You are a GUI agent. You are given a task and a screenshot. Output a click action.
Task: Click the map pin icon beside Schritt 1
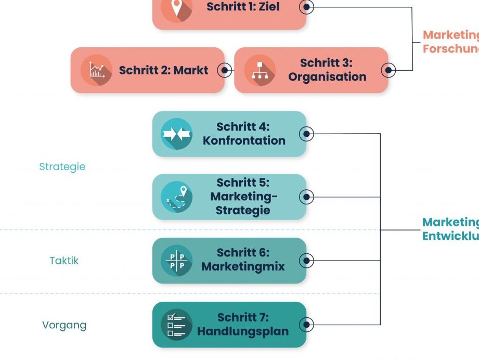tap(177, 8)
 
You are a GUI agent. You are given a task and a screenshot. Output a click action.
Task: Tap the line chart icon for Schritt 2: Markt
tap(97, 70)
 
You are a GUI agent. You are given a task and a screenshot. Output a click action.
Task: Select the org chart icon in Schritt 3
tap(260, 70)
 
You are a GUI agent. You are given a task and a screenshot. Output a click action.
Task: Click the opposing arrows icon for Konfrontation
tap(177, 134)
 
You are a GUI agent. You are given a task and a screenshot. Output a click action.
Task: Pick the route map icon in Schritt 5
tap(177, 197)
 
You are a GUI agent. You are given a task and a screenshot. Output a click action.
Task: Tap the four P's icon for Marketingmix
tap(177, 261)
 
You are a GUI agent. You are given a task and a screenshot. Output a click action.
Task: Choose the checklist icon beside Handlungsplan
tap(177, 325)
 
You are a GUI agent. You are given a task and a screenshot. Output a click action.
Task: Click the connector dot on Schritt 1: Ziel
tap(307, 7)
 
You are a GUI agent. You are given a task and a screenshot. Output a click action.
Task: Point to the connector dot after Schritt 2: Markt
tap(225, 70)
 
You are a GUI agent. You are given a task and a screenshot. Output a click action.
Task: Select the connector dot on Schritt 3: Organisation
tap(388, 70)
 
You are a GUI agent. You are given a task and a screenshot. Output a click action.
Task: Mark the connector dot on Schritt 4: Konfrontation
tap(307, 134)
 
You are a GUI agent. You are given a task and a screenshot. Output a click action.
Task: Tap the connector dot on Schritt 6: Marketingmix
tap(307, 261)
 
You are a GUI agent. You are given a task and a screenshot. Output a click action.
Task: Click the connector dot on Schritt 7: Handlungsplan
tap(307, 325)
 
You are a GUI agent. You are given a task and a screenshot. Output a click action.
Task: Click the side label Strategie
tap(62, 167)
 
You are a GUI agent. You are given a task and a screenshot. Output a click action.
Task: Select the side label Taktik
tap(64, 261)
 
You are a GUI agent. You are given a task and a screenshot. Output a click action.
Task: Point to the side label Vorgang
tap(64, 325)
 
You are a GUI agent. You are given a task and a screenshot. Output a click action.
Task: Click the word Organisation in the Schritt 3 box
tap(327, 77)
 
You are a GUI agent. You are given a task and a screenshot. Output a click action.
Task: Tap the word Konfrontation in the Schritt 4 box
tap(244, 140)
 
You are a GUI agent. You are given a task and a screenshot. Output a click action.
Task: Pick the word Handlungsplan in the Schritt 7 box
tap(242, 331)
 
